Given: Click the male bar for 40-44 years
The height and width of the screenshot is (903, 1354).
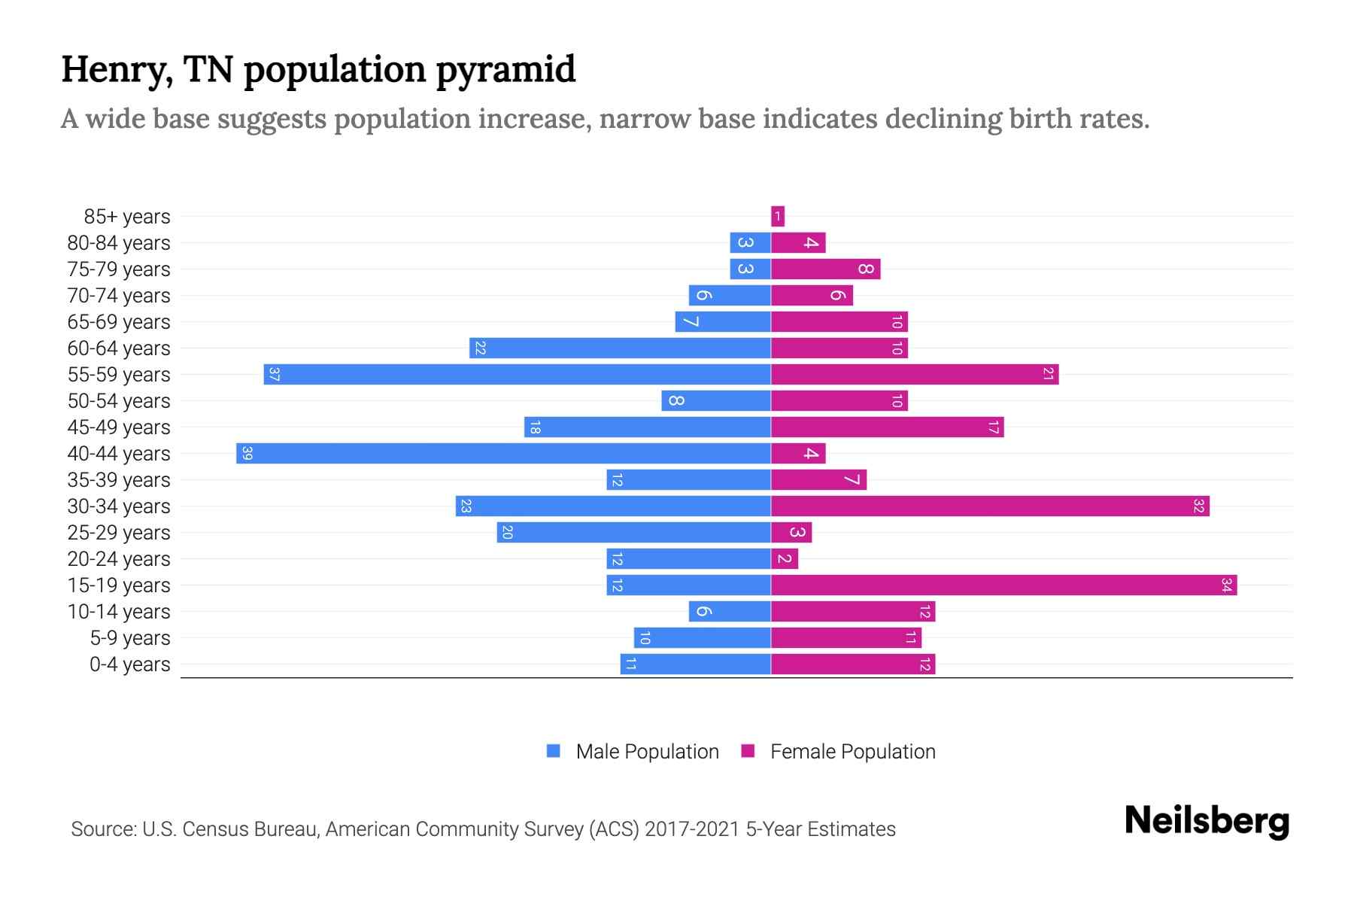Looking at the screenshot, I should pos(503,454).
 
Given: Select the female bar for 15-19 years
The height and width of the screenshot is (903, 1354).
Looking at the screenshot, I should pos(1003,585).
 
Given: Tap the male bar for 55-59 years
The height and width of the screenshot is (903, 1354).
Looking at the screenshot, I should pos(517,375).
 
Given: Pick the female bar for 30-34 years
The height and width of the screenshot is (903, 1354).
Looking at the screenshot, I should pos(990,506).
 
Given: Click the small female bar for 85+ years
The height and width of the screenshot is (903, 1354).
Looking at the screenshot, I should pos(778,217).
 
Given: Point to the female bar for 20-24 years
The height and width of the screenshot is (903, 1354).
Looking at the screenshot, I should pos(785,559).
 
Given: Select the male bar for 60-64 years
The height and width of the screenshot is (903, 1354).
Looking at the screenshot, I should pos(620,348).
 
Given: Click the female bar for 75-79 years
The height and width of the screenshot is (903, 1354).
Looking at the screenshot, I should pos(825,269).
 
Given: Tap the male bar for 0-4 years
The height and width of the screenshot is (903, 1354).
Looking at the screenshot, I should pos(695,664).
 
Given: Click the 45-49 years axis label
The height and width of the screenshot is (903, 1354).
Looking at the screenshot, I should pos(119,427).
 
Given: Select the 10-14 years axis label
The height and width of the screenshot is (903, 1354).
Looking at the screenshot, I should pos(119,612).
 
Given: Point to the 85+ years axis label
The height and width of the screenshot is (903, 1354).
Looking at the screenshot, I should pos(127,217).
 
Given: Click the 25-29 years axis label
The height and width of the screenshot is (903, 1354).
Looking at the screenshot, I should pos(119,533).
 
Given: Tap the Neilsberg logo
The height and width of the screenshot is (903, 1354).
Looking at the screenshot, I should pos(1207,821).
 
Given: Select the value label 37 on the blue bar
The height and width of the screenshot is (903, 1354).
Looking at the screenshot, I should pos(275,375).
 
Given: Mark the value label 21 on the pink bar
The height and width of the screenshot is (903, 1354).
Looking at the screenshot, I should pos(1048,375).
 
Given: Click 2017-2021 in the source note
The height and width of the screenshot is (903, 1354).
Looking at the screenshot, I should pos(692,829).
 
